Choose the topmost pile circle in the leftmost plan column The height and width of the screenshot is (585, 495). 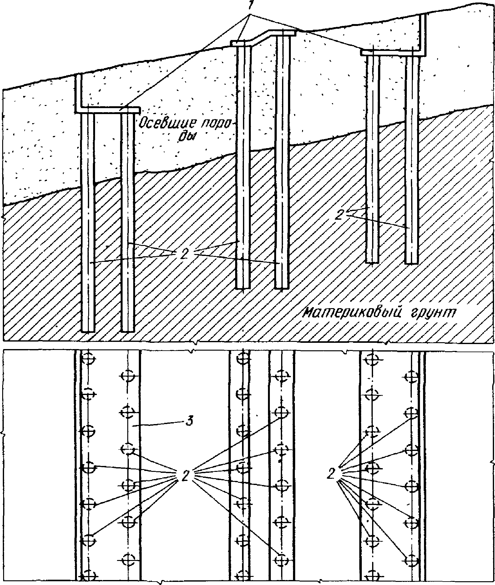88,358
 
